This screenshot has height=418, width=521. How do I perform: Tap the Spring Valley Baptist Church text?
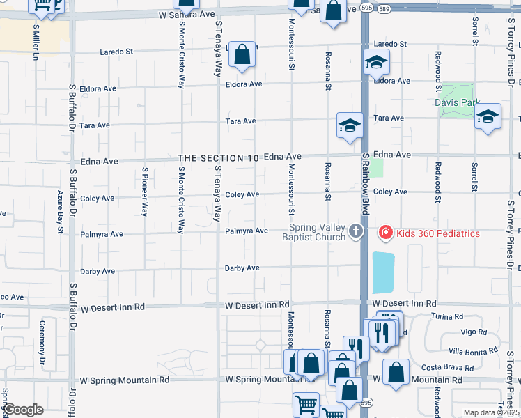point(318,233)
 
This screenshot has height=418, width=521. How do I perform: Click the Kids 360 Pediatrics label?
point(438,233)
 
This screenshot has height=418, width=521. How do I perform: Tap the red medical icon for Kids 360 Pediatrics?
point(384,233)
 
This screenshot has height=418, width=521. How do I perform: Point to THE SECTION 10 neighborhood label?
point(219,159)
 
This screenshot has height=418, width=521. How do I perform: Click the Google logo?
point(23,410)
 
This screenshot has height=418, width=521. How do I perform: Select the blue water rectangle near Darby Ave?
point(383,272)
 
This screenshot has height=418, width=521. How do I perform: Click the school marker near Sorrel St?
point(488,116)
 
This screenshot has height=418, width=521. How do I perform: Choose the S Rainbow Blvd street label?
point(364,185)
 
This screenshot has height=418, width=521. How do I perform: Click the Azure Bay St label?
point(61,211)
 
